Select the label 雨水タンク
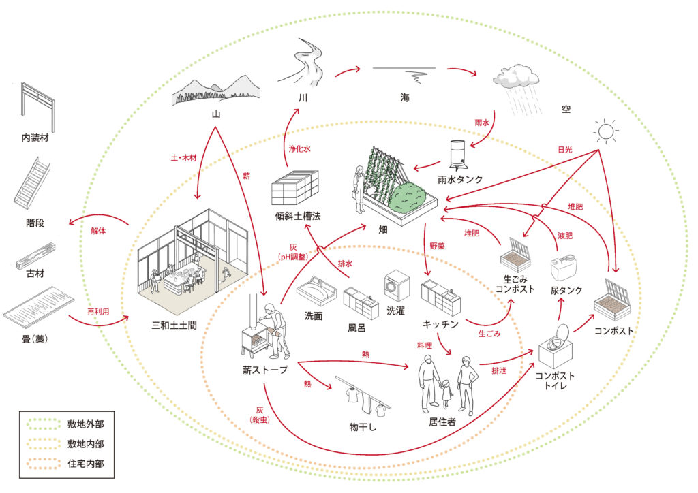point(460,179)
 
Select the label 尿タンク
point(566,290)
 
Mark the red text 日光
point(565,148)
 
